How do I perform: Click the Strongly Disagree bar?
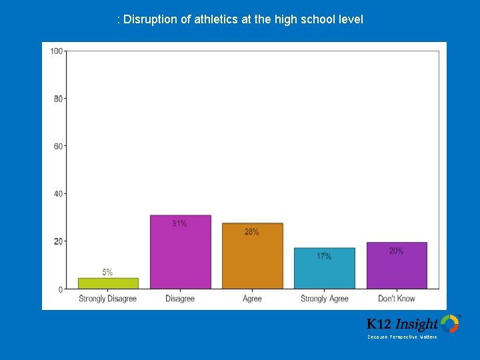pyautogui.click(x=107, y=283)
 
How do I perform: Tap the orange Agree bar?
pyautogui.click(x=252, y=260)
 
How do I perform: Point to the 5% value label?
pyautogui.click(x=107, y=272)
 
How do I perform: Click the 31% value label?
pyautogui.click(x=179, y=224)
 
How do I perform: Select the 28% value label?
pyautogui.click(x=252, y=232)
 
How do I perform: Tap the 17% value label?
pyautogui.click(x=324, y=256)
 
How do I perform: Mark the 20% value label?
pyautogui.click(x=396, y=251)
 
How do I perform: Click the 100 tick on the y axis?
pyautogui.click(x=57, y=51)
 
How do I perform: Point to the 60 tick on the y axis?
pyautogui.click(x=58, y=146)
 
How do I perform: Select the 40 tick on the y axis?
pyautogui.click(x=58, y=194)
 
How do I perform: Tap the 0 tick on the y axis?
pyautogui.click(x=60, y=289)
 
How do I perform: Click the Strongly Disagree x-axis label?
pyautogui.click(x=107, y=299)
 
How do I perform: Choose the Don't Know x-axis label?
pyautogui.click(x=396, y=299)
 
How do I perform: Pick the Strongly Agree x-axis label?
pyautogui.click(x=324, y=299)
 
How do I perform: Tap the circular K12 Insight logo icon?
pyautogui.click(x=450, y=324)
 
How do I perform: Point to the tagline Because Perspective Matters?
pyautogui.click(x=402, y=337)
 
